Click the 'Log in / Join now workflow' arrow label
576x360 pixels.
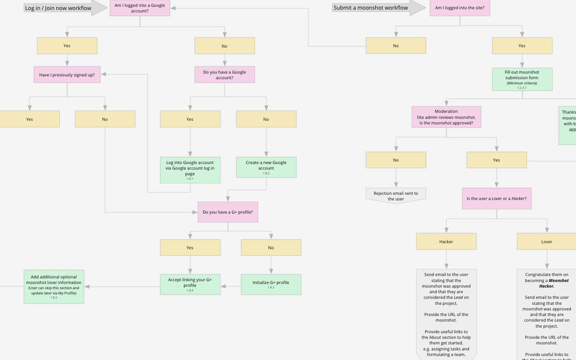point(58,8)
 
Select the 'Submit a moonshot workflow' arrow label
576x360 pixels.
point(371,8)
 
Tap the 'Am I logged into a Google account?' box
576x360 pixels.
point(140,8)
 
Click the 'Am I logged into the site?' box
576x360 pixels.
point(459,8)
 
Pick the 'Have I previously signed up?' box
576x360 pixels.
point(67,74)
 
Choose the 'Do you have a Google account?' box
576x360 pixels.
point(224,74)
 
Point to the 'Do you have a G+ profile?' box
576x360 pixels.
point(228,212)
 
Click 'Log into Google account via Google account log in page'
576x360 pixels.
point(190,169)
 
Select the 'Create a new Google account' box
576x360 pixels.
point(266,167)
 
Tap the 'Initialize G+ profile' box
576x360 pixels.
point(271,284)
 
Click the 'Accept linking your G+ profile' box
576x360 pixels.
point(190,284)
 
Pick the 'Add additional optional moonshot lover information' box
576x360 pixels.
point(54,286)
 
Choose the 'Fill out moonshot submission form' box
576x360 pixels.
point(522,79)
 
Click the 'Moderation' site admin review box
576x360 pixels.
point(446,117)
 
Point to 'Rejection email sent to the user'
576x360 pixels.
point(396,195)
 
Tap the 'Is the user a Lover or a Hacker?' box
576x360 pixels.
point(496,198)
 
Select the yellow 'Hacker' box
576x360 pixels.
point(446,241)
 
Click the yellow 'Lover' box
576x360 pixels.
point(547,241)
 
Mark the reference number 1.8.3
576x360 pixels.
point(271,288)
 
